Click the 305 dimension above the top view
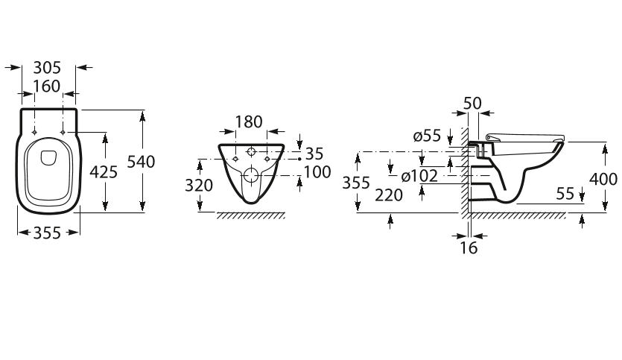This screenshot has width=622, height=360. tap(47, 68)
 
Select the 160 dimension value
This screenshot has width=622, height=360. tap(46, 86)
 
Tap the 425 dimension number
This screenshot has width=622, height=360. tap(104, 172)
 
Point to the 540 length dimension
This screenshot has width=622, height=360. tap(141, 162)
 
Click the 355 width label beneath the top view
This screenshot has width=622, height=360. tap(47, 233)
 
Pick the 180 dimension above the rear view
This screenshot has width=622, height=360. tap(249, 122)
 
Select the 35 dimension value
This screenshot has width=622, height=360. tap(314, 154)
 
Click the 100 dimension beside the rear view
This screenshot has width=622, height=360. tap(317, 172)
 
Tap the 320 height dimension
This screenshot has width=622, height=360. tap(199, 186)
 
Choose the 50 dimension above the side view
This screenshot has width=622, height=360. tap(472, 104)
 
